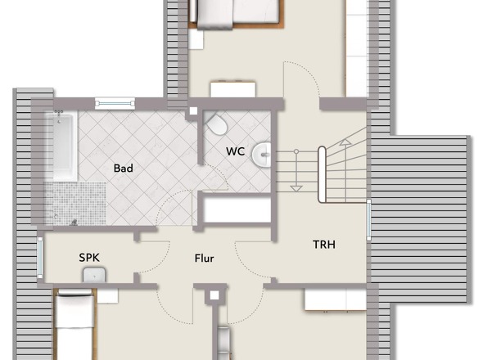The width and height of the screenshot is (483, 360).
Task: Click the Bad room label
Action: (124, 169)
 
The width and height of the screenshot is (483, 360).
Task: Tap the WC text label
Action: (235, 151)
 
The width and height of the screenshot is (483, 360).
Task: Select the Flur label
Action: (204, 258)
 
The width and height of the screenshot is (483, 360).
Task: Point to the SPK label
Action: (89, 258)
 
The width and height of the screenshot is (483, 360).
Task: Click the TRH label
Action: (324, 245)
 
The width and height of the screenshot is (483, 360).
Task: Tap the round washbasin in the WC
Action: (261, 155)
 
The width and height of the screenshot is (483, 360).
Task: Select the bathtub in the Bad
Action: (61, 146)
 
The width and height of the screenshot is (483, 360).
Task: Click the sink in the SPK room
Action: (94, 275)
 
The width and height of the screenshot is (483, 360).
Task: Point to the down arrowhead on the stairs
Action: (296, 188)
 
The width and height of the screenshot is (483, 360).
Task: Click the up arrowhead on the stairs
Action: (345, 142)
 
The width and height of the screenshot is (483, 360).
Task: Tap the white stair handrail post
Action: (322, 174)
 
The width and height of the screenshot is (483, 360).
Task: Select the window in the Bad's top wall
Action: (115, 103)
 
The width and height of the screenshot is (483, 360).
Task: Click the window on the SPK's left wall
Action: (40, 258)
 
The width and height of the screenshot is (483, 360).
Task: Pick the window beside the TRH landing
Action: (368, 219)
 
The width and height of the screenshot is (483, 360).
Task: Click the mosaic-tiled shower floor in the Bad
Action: (76, 203)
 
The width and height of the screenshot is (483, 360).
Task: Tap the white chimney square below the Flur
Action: (214, 295)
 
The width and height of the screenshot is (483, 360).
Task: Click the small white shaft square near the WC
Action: (193, 111)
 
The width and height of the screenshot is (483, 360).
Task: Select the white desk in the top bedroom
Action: (232, 89)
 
